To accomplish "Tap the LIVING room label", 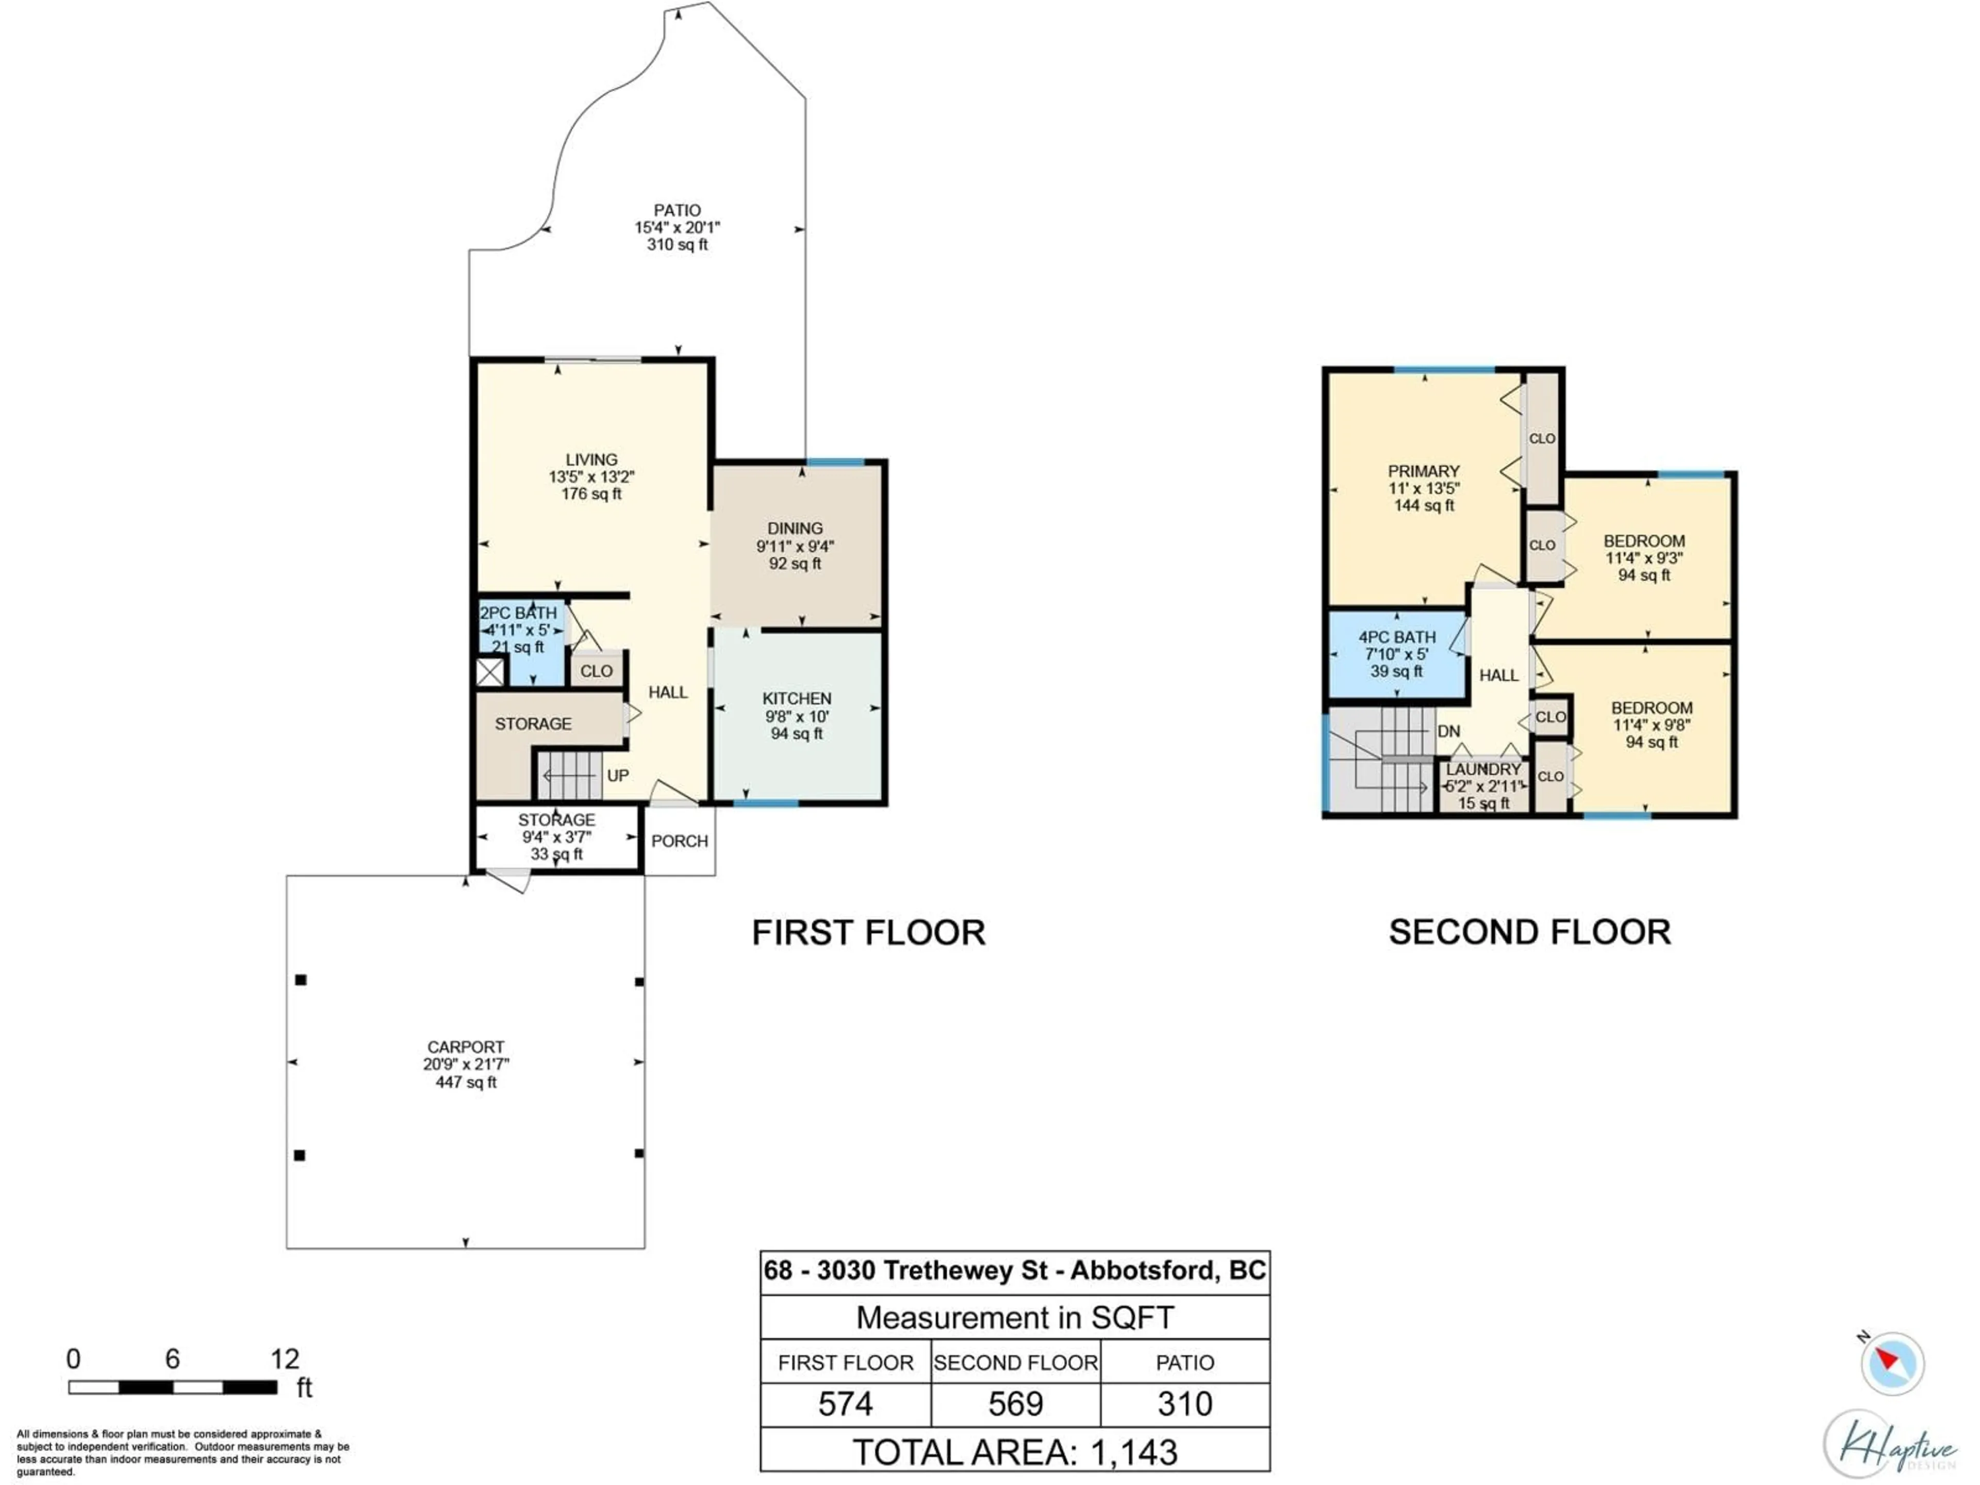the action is [591, 459].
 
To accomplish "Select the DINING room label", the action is [795, 528].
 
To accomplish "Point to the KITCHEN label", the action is [797, 698].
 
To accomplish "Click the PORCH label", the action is [680, 840].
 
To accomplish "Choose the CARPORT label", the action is [466, 1046].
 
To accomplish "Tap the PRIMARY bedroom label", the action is [1423, 471].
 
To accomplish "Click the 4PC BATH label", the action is [1396, 636].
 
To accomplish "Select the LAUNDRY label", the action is [1483, 769].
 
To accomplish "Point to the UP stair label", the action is [618, 775].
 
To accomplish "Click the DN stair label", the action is [1448, 731].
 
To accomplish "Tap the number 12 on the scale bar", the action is [285, 1359].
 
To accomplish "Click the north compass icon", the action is [1891, 1363].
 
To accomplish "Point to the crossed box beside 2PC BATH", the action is [490, 671].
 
